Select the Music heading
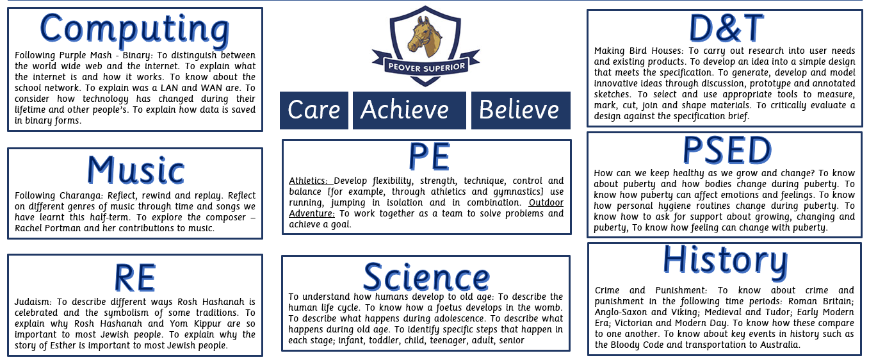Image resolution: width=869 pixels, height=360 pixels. point(136,170)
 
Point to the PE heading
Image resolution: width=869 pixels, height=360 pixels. point(429,156)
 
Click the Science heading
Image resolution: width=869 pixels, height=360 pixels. point(426,277)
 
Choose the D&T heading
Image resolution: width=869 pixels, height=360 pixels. point(726,28)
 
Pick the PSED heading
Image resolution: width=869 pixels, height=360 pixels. point(727,150)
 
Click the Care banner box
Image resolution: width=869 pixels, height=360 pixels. point(314,110)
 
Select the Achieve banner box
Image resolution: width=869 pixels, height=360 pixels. point(409,110)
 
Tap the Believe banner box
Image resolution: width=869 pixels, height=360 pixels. point(521,110)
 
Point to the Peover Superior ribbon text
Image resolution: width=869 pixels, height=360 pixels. point(426,67)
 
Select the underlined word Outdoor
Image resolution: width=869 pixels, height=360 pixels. point(546,202)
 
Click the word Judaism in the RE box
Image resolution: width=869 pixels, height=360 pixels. point(33,302)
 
